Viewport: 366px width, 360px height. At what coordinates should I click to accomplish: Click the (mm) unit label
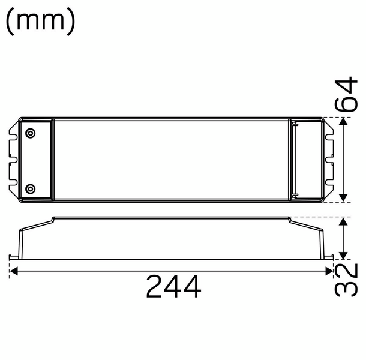41,22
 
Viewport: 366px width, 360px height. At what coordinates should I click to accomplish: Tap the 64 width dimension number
349,95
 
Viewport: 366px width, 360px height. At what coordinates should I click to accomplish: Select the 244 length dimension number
174,289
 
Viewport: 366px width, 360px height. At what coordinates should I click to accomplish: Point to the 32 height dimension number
348,280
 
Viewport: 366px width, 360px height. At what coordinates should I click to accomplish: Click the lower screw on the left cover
31,189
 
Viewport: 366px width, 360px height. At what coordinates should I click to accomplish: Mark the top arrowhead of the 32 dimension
343,221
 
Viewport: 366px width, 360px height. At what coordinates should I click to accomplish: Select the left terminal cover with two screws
37,160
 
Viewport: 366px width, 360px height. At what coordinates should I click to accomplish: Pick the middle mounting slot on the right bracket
329,160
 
